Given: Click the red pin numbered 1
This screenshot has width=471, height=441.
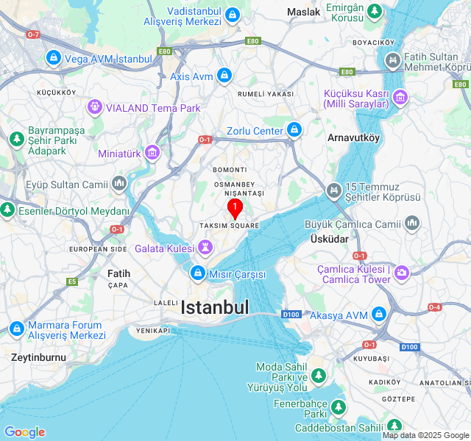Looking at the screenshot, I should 235,209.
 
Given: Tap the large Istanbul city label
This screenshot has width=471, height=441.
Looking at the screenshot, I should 215,307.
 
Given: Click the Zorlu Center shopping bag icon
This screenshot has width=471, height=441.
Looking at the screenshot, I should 294,131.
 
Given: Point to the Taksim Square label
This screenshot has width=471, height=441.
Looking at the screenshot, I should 229,226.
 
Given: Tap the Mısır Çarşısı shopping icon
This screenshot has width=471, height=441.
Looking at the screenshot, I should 197,274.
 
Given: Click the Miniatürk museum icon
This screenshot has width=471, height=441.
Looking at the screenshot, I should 152,153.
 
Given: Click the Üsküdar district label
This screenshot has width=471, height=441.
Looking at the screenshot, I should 325,240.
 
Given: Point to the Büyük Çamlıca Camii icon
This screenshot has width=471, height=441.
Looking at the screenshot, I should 411,223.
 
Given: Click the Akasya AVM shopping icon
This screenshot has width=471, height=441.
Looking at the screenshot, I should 378,315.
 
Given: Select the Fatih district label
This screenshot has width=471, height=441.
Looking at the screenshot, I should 118,273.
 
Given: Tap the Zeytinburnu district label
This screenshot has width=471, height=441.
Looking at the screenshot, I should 38,357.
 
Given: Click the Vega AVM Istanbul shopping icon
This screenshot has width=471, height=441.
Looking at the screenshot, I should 53,57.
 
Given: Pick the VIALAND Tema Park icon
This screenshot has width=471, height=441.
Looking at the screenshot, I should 94,108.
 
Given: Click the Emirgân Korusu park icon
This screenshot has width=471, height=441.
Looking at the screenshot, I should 375,12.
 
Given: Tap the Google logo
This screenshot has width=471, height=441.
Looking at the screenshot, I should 24,432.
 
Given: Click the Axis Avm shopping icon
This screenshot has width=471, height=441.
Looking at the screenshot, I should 224,75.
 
